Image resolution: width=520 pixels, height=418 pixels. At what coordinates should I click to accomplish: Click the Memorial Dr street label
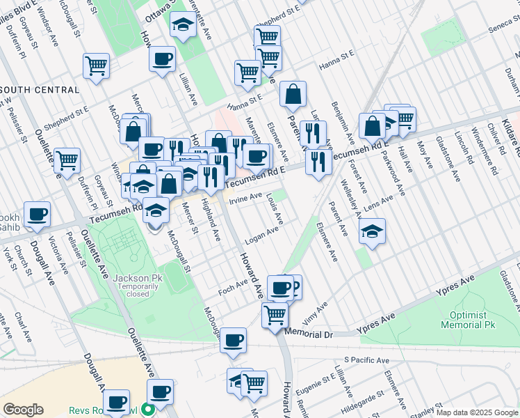pos(309,335)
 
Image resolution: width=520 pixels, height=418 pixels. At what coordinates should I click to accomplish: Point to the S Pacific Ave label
pos(363,360)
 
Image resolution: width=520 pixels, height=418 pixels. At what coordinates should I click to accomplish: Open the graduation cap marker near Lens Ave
pos(373,231)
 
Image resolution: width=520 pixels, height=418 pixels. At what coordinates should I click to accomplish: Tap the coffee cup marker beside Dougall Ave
pos(36,214)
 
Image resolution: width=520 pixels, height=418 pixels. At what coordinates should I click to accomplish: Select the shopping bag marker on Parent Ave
pos(293,93)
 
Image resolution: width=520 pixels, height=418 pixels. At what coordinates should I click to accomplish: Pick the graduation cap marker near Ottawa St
pos(183,26)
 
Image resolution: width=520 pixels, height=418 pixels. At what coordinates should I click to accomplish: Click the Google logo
pos(23,410)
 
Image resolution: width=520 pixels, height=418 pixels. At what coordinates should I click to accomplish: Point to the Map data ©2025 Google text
pos(476,412)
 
